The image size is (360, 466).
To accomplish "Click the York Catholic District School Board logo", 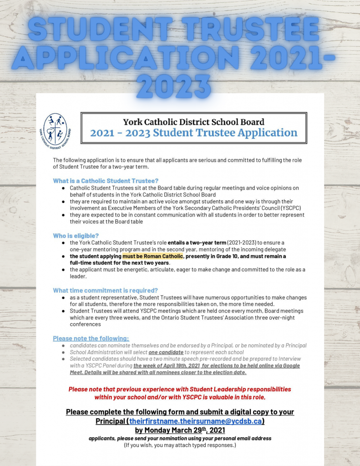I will [55, 129].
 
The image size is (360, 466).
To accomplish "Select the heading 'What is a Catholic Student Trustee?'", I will [106, 181].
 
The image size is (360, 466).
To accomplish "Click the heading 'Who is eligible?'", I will [76, 236].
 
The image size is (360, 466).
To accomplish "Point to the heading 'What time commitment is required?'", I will [105, 290].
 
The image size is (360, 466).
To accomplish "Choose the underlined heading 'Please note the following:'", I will [91, 338].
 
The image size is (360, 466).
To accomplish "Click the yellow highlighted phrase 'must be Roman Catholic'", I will [153, 256].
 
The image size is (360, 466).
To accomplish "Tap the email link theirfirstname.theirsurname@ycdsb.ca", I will [196, 421].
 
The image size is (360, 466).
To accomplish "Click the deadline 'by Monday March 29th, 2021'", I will [180, 430].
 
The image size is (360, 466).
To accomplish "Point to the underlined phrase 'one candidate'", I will [166, 352].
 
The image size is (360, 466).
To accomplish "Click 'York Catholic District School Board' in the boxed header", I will [193, 122].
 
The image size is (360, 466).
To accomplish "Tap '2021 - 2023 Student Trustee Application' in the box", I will [193, 133].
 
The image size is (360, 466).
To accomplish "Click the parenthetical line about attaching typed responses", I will [180, 445].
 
